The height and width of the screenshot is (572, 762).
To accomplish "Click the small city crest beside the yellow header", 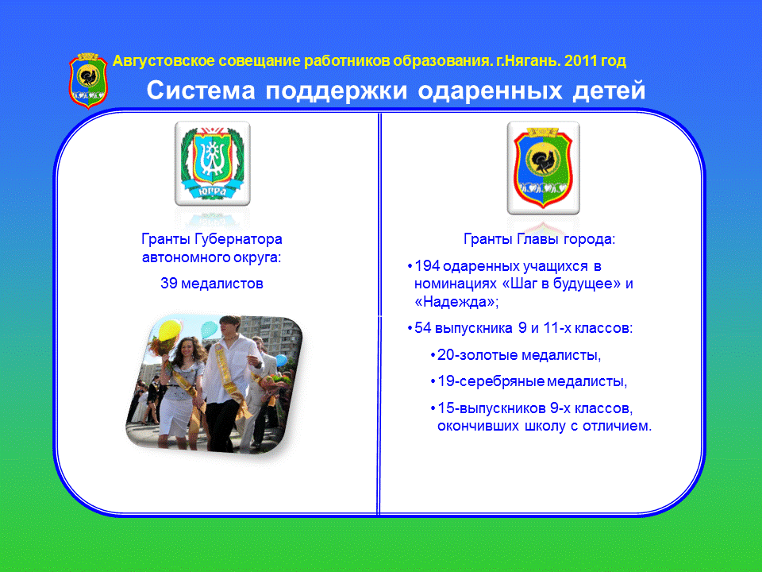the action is (88, 81).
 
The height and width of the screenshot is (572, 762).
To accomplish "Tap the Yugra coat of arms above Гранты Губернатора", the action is (213, 164).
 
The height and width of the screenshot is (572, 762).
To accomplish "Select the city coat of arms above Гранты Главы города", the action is (543, 168).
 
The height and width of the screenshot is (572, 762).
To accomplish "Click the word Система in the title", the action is (201, 91).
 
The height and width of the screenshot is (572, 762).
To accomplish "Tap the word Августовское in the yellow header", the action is (164, 61).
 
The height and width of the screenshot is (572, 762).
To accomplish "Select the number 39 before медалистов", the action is (168, 284).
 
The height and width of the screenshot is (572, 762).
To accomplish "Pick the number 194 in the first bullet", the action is (427, 266).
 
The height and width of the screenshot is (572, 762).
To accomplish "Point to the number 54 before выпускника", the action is (423, 328).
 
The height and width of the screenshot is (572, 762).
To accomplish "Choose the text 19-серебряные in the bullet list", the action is (491, 381).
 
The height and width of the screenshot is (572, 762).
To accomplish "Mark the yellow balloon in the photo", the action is (170, 330).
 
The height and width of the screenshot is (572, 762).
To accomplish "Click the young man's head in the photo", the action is (230, 328).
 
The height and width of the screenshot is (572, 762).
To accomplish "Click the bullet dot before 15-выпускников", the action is (433, 408).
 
